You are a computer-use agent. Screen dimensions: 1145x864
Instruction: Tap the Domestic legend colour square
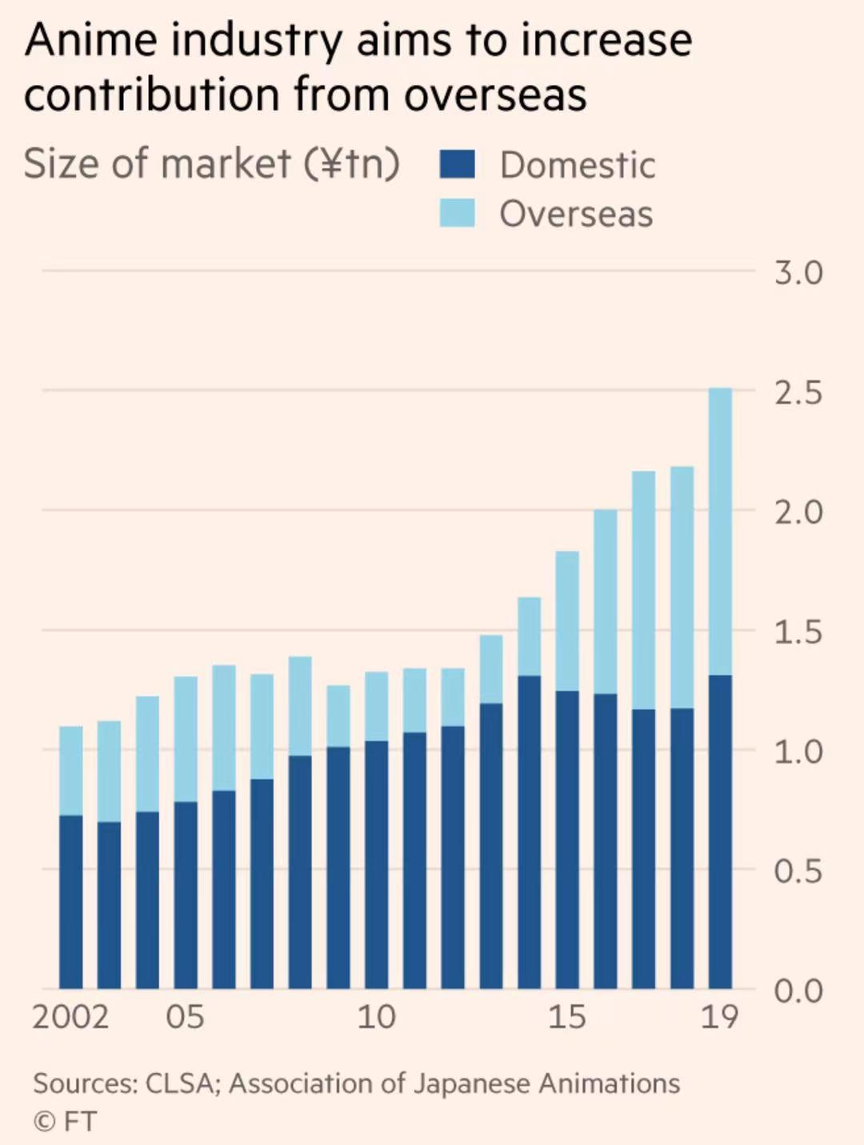pyautogui.click(x=458, y=164)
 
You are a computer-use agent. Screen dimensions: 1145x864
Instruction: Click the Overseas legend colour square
pyautogui.click(x=458, y=213)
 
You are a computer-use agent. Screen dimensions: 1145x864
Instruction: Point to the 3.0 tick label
pyautogui.click(x=798, y=273)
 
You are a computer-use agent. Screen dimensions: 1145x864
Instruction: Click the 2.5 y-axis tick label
pyautogui.click(x=798, y=393)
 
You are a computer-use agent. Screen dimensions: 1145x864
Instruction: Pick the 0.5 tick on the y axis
pyautogui.click(x=798, y=871)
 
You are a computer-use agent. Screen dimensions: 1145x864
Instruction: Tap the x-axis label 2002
pyautogui.click(x=70, y=1017)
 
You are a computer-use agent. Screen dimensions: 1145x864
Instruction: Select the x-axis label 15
pyautogui.click(x=567, y=1017)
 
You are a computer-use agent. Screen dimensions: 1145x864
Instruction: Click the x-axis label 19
pyautogui.click(x=719, y=1017)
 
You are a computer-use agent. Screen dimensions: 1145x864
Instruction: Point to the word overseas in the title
pyautogui.click(x=495, y=94)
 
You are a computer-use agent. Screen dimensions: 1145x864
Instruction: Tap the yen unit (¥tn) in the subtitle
pyautogui.click(x=351, y=163)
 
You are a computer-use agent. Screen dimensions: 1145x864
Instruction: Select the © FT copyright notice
pyautogui.click(x=65, y=1121)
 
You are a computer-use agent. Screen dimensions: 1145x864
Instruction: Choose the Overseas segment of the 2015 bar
pyautogui.click(x=567, y=621)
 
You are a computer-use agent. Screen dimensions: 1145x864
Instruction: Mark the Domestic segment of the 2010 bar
pyautogui.click(x=376, y=865)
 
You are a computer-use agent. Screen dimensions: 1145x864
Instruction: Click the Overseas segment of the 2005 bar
pyautogui.click(x=186, y=739)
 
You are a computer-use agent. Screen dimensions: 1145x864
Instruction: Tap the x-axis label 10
pyautogui.click(x=376, y=1017)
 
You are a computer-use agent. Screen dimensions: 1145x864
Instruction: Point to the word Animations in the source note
pyautogui.click(x=609, y=1083)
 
